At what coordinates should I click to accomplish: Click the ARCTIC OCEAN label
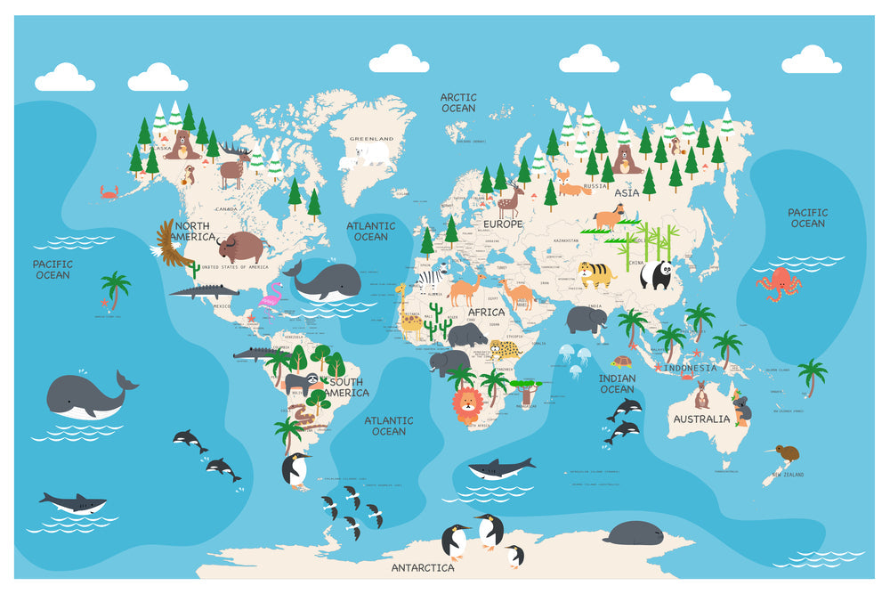458,102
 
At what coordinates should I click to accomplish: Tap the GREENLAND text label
371,139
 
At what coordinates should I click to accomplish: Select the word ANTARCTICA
423,567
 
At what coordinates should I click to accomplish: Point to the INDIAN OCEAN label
617,384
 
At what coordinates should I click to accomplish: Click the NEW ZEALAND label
788,475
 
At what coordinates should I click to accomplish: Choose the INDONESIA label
690,367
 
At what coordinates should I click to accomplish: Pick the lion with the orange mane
467,406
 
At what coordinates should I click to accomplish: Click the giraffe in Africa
408,310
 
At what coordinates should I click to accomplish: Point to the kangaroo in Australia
702,395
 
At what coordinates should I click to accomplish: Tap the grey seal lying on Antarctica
633,533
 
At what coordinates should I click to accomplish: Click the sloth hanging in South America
302,384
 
